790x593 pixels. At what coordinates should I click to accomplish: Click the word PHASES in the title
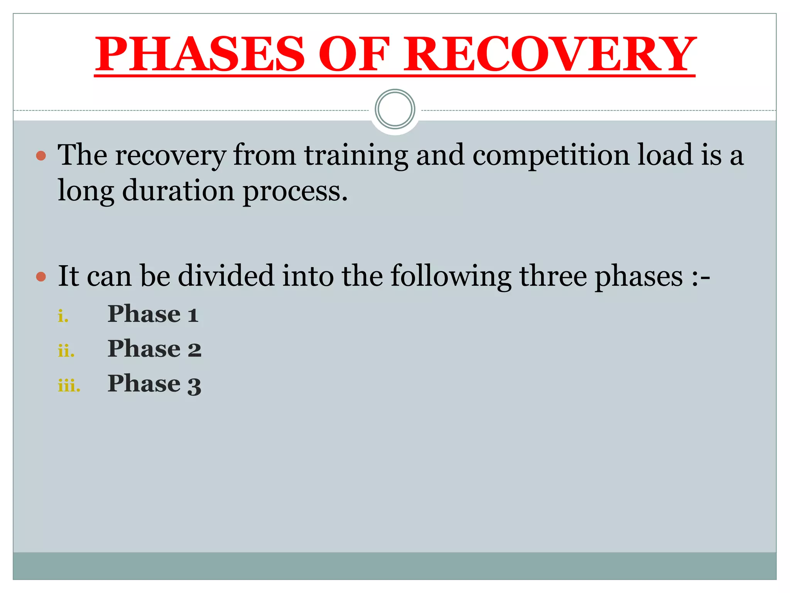(x=200, y=54)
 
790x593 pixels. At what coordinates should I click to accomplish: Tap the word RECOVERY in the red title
(x=549, y=54)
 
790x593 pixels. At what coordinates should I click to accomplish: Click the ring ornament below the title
(x=395, y=109)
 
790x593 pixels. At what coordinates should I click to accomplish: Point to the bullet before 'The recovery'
(x=41, y=156)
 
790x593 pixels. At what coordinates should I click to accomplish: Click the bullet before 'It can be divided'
(x=41, y=277)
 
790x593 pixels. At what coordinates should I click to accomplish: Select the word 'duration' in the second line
(x=178, y=191)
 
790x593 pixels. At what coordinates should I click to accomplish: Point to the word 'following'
(x=451, y=277)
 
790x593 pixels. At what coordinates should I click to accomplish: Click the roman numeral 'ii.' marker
(x=66, y=351)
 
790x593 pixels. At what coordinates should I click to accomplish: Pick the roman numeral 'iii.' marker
(x=69, y=386)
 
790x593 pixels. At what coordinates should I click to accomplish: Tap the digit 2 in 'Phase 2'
(x=194, y=350)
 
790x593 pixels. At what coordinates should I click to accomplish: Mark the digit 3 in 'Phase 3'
(x=194, y=385)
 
